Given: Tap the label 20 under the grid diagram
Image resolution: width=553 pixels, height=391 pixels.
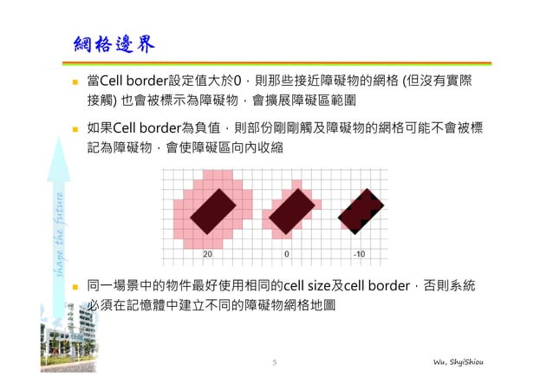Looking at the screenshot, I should pos(207,255).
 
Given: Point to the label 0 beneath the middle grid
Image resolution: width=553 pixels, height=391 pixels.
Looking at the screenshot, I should pos(286,255).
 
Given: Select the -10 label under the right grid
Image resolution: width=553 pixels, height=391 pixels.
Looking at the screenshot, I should pos(359,255).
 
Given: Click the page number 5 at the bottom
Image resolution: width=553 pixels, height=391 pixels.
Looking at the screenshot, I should pos(275,362).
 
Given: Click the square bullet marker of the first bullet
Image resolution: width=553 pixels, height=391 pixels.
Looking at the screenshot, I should pos(76,81).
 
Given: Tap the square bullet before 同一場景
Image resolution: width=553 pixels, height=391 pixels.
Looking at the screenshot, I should pos(76,286).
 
